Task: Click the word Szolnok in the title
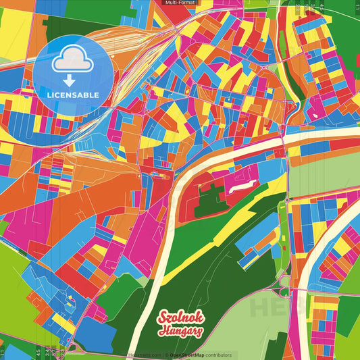point(180,318)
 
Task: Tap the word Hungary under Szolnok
point(181,331)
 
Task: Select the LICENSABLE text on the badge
point(73,95)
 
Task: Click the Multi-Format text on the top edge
point(180,3)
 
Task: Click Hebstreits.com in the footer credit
point(145,355)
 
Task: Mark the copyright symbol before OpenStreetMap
point(166,355)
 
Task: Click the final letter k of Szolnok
point(198,317)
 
